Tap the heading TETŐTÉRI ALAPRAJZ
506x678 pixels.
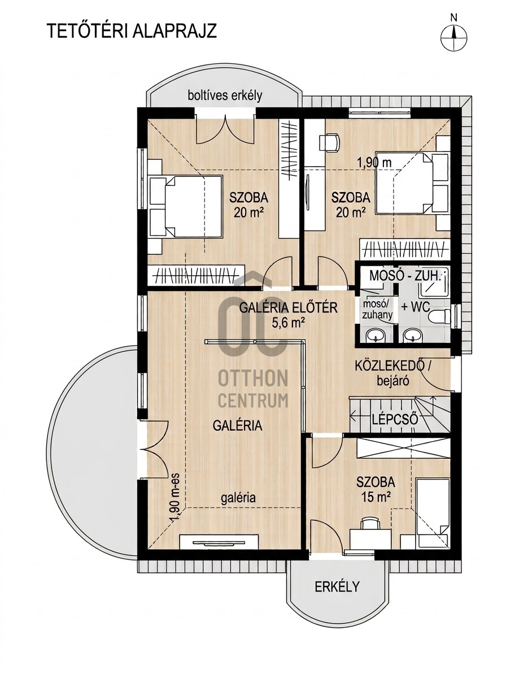[132, 31]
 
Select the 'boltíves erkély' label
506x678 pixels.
[225, 95]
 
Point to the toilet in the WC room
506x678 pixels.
[440, 316]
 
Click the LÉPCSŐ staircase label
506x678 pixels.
[395, 419]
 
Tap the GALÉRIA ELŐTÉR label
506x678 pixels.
[289, 308]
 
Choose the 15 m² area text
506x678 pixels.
[375, 497]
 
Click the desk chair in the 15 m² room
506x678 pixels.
[370, 524]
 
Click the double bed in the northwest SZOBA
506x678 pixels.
[186, 206]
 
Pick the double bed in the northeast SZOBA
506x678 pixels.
[412, 182]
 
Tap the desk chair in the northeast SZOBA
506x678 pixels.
[330, 142]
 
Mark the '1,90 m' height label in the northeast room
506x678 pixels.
[374, 163]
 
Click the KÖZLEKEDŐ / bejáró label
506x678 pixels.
[392, 373]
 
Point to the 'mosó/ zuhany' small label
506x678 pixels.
[378, 310]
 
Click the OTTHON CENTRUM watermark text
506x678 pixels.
[253, 389]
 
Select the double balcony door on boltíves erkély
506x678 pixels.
[225, 129]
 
